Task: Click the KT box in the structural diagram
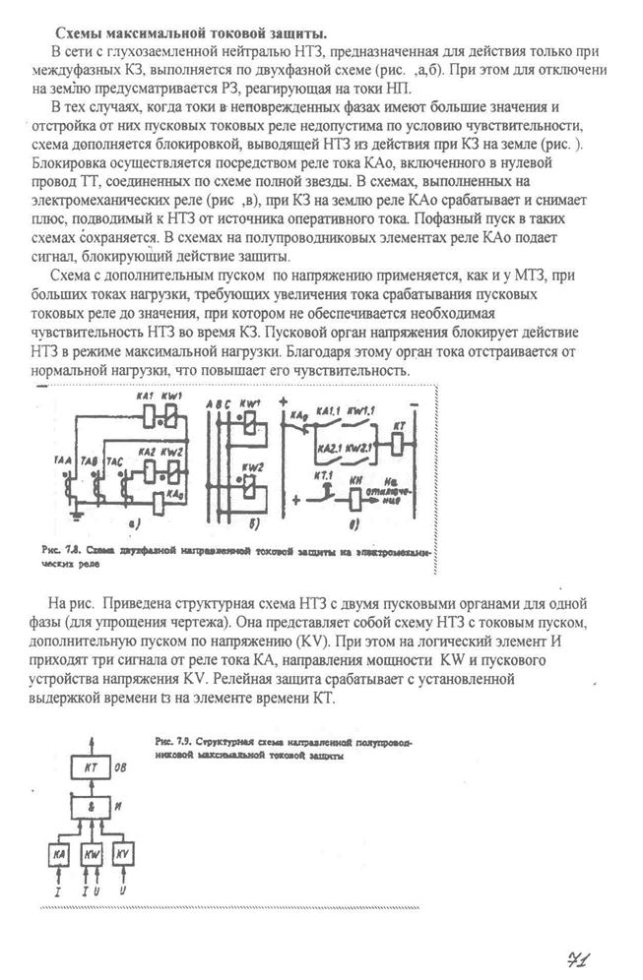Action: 92,766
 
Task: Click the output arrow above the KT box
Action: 92,741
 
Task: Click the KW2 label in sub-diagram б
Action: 254,465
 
